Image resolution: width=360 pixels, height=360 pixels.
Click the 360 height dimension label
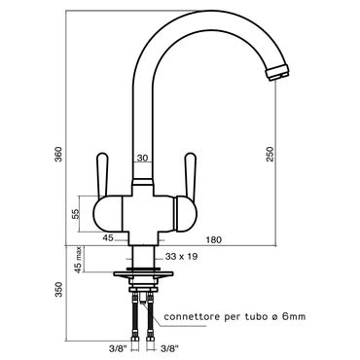point(58,155)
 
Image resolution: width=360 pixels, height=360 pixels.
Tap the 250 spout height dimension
point(270,154)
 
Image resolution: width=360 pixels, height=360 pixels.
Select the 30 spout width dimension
point(143,158)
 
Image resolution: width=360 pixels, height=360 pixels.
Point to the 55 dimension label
point(76,214)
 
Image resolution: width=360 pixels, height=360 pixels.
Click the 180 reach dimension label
point(214,239)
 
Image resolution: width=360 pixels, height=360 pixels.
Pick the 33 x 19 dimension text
point(181,257)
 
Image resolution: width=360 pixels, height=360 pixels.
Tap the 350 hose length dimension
point(58,290)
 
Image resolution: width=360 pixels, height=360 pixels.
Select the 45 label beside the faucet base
point(108,238)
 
